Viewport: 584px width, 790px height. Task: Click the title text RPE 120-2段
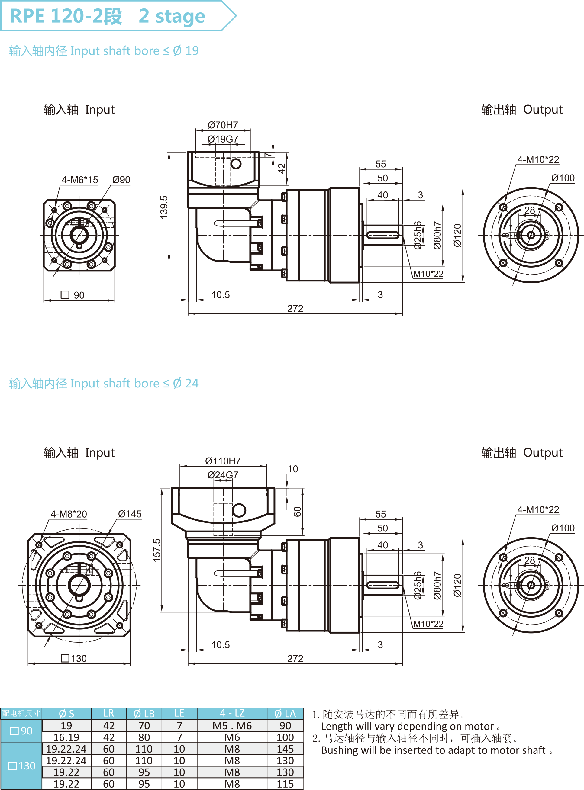coord(66,16)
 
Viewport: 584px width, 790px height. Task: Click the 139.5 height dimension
coord(164,207)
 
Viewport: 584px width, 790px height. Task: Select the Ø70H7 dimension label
coord(223,125)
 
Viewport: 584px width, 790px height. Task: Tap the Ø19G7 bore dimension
coord(223,139)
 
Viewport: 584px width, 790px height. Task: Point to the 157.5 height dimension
coord(156,550)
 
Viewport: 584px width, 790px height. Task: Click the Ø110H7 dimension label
coord(223,461)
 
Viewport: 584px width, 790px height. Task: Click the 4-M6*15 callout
coord(80,180)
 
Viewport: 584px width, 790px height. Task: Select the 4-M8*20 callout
coord(69,514)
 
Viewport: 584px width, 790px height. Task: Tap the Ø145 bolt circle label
coord(130,514)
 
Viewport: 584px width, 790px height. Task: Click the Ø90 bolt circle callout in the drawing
coord(121,180)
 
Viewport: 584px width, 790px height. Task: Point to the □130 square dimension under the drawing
coord(74,659)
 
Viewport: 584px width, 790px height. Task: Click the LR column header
coord(108,713)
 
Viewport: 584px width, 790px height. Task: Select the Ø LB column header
coord(144,714)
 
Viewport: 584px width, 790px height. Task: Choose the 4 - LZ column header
coord(232,713)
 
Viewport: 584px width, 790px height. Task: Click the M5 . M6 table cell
coord(232,726)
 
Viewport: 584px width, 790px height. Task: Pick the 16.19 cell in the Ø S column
coord(66,737)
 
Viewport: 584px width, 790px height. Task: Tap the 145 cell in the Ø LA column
coord(285,749)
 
